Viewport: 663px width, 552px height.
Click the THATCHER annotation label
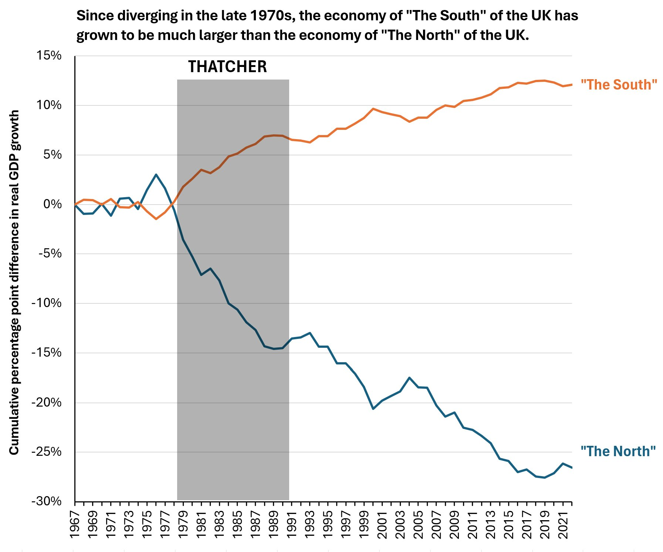pyautogui.click(x=227, y=67)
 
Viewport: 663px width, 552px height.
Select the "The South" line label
pyautogui.click(x=619, y=85)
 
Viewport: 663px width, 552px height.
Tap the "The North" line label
pyautogui.click(x=618, y=451)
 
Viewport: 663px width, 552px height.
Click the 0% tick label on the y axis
pyautogui.click(x=52, y=204)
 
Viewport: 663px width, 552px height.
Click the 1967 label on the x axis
pyautogui.click(x=75, y=525)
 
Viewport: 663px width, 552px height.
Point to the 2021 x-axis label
pyautogui.click(x=563, y=525)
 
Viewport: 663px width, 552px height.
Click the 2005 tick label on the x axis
pyautogui.click(x=418, y=525)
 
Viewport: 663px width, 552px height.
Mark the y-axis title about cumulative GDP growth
pyautogui.click(x=14, y=282)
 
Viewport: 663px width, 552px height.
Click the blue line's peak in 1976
pyautogui.click(x=156, y=174)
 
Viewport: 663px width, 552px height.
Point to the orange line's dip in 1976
pyautogui.click(x=156, y=219)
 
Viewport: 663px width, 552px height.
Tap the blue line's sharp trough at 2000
pyautogui.click(x=373, y=409)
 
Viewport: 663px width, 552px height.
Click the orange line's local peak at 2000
pyautogui.click(x=373, y=109)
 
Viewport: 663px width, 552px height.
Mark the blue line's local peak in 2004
pyautogui.click(x=409, y=378)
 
